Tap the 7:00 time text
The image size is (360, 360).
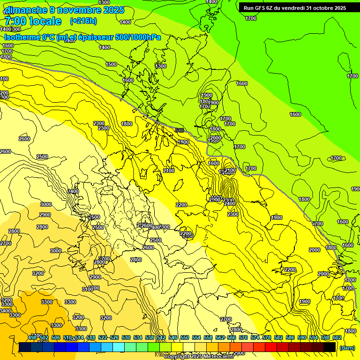[x=15, y=21]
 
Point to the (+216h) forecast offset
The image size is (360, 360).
[x=84, y=21]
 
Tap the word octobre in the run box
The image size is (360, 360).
[x=326, y=7]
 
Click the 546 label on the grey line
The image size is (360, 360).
[x=179, y=130]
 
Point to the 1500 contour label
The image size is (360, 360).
[x=111, y=64]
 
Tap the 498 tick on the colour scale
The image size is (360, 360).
[x=32, y=337]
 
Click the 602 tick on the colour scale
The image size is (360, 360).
[x=337, y=337]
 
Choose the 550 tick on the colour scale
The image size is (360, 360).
[x=185, y=337]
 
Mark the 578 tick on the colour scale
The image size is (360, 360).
[x=266, y=337]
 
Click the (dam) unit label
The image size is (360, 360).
[x=347, y=348]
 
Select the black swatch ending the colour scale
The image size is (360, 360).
[x=330, y=347]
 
